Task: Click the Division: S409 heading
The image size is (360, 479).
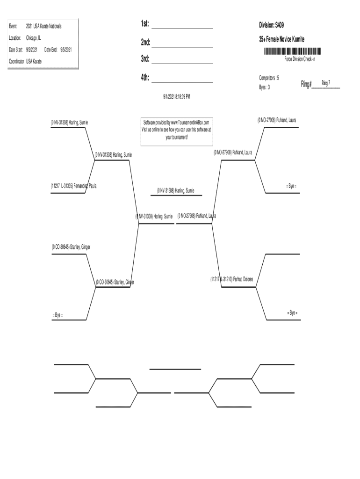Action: click(x=271, y=24)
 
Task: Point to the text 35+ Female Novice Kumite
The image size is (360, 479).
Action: click(x=282, y=40)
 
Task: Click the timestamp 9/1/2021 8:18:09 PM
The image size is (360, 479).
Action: click(x=176, y=96)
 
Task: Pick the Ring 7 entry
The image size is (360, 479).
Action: click(x=326, y=83)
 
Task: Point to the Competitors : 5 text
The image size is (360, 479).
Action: click(x=269, y=77)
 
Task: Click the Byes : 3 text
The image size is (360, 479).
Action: click(x=264, y=87)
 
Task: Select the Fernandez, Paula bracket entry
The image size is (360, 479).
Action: click(x=74, y=186)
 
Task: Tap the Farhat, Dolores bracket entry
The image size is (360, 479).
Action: click(x=232, y=279)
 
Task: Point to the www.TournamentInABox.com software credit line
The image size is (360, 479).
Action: click(x=177, y=122)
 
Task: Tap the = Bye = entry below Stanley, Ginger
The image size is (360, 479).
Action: click(x=57, y=315)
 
